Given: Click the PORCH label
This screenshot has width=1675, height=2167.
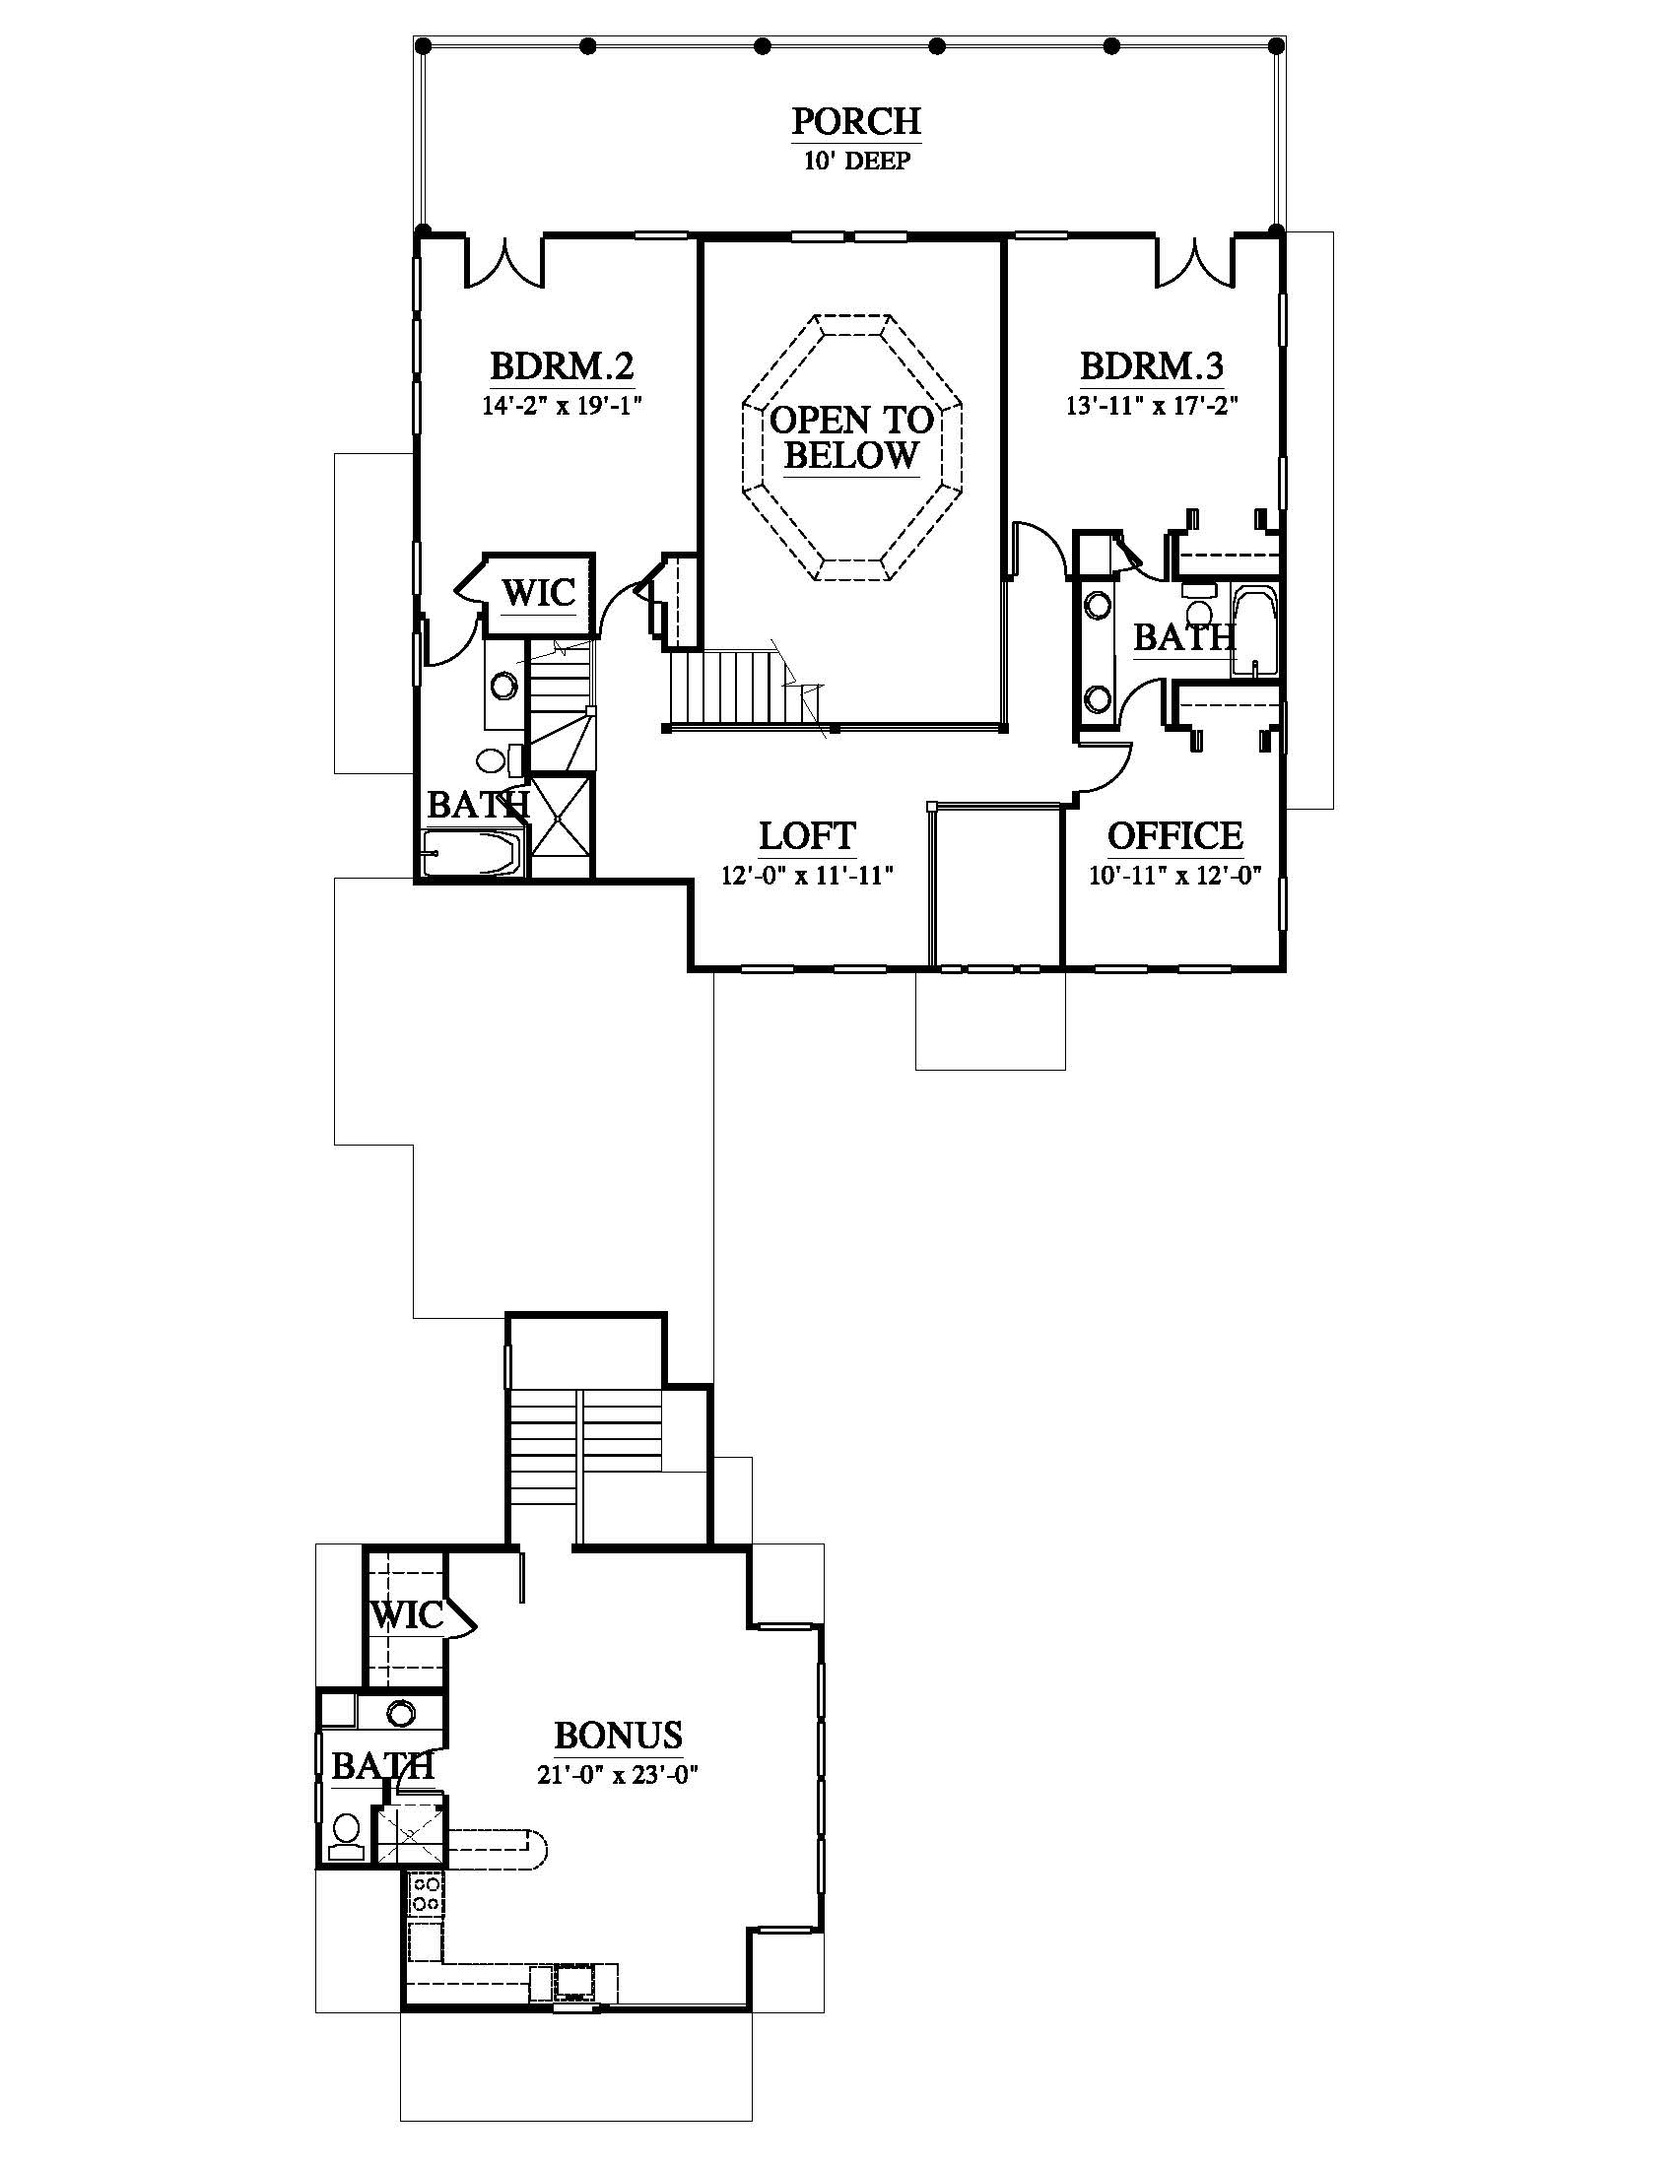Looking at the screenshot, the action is point(856,121).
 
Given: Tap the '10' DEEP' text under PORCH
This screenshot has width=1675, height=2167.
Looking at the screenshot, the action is point(856,161).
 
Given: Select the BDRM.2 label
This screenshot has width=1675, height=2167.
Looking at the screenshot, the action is point(562,366).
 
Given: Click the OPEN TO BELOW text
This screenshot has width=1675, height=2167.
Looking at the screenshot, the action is point(851,437).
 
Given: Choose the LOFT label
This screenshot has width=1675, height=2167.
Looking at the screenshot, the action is point(807,835).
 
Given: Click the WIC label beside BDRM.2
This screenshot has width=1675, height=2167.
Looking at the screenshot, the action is point(539,593).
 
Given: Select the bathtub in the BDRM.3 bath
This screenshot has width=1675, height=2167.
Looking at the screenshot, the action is point(1255,632).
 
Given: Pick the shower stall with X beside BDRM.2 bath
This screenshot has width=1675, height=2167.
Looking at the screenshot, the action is point(561,825).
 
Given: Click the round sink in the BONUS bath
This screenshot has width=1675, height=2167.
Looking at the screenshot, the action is point(401,1714).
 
